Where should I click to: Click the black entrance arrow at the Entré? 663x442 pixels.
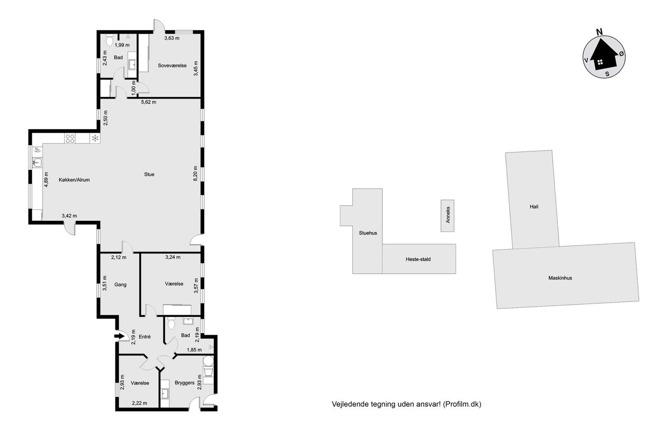pyautogui.click(x=120, y=336)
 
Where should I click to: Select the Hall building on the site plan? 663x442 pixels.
pyautogui.click(x=532, y=199)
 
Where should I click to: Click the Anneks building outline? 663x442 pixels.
pyautogui.click(x=448, y=216)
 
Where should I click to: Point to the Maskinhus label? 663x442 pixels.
pyautogui.click(x=560, y=278)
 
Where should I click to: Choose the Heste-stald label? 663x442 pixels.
pyautogui.click(x=418, y=259)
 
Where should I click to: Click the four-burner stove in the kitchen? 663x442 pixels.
pyautogui.click(x=70, y=138)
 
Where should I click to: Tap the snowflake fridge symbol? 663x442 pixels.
pyautogui.click(x=95, y=138)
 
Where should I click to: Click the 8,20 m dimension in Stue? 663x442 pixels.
pyautogui.click(x=195, y=174)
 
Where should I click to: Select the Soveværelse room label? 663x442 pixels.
pyautogui.click(x=172, y=65)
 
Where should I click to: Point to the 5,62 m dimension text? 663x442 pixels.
pyautogui.click(x=149, y=102)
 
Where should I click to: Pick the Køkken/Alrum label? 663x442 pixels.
pyautogui.click(x=74, y=180)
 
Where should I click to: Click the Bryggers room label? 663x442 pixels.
pyautogui.click(x=184, y=382)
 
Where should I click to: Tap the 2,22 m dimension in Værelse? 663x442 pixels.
pyautogui.click(x=139, y=403)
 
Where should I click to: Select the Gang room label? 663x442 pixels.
pyautogui.click(x=120, y=284)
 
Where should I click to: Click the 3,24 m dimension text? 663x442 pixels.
pyautogui.click(x=172, y=257)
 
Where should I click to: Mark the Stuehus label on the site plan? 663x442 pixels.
pyautogui.click(x=368, y=233)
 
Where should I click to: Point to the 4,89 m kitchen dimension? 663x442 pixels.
pyautogui.click(x=46, y=179)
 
